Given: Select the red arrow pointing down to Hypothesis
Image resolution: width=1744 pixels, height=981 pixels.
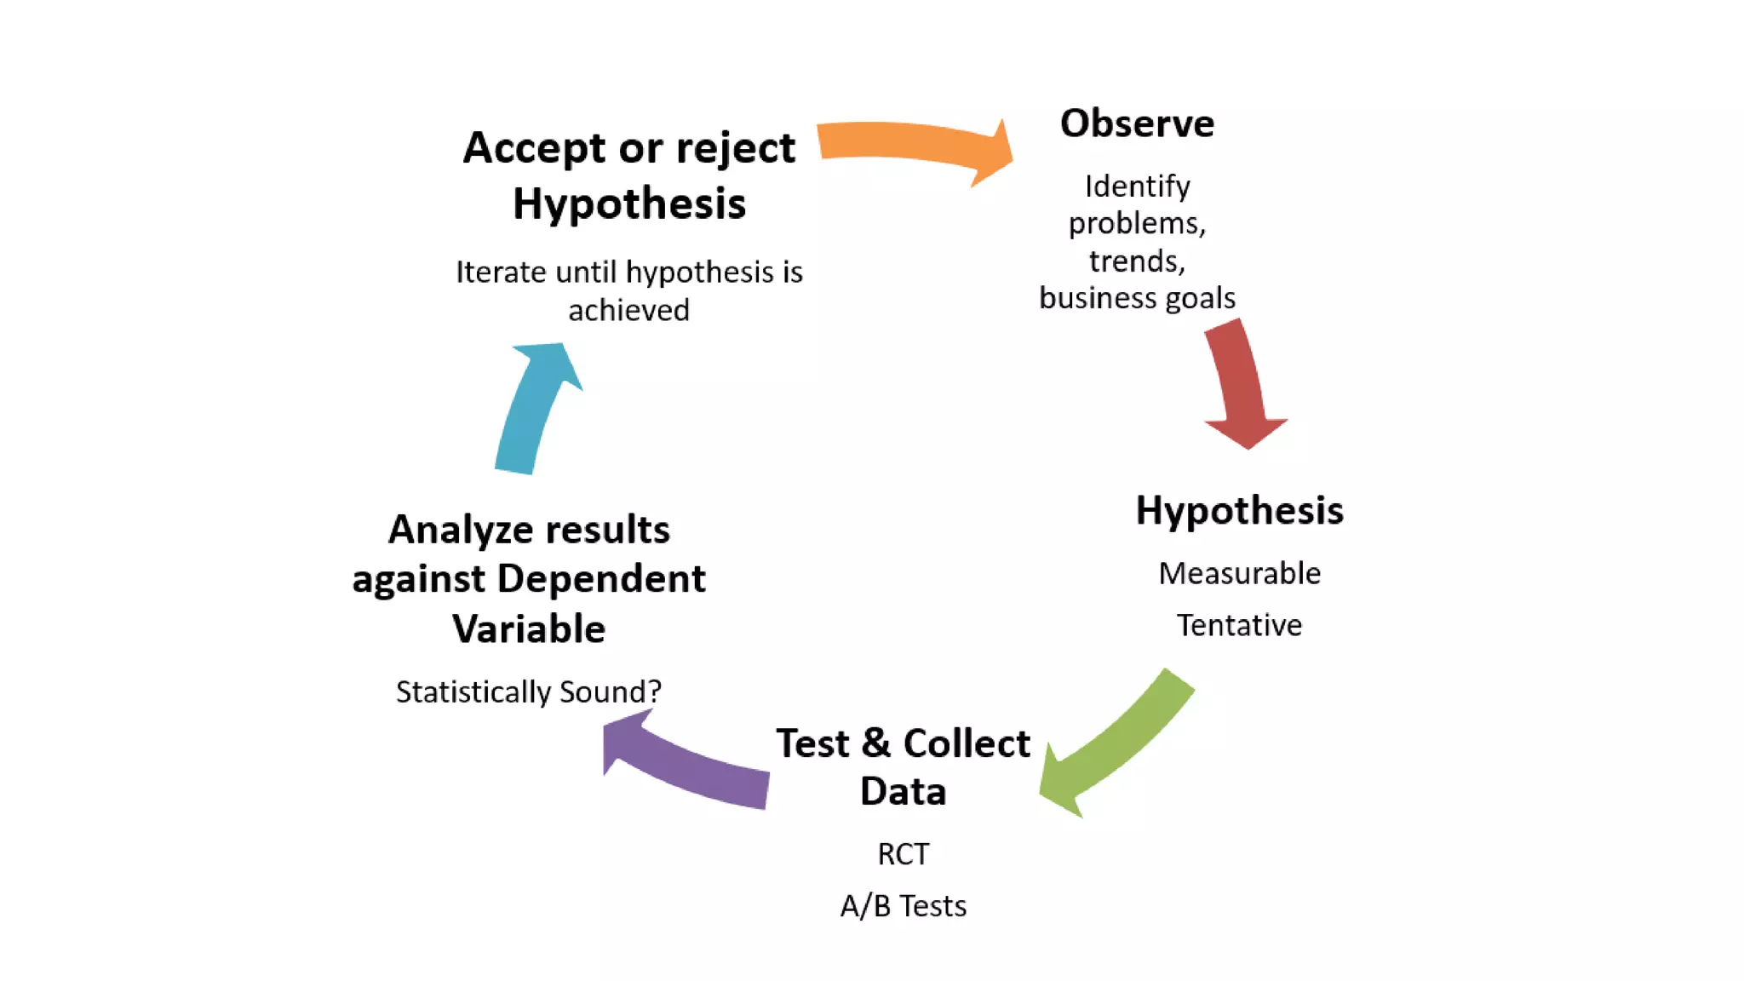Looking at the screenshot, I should click(1239, 383).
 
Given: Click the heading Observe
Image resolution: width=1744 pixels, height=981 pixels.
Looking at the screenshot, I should click(1137, 124).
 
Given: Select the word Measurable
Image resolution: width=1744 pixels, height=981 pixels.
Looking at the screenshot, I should click(1239, 574).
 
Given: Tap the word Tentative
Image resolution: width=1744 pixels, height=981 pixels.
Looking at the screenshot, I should click(1239, 626).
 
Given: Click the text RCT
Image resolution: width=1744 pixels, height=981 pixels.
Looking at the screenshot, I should click(903, 854).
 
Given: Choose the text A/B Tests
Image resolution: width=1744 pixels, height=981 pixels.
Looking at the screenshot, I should click(903, 906).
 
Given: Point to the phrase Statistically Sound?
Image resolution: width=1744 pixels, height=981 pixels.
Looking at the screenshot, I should click(528, 691).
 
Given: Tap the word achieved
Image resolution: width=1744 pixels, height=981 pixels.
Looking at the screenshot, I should click(628, 311).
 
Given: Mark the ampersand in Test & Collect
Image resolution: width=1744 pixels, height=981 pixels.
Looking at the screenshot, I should click(876, 743).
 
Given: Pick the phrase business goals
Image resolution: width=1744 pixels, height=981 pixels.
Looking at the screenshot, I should click(1137, 298).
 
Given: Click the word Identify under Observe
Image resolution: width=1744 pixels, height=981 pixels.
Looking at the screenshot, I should click(1137, 186).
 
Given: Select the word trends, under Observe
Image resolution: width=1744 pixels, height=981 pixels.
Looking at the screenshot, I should click(1137, 261).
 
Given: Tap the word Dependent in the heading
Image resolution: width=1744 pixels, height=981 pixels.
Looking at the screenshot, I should click(601, 580).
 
